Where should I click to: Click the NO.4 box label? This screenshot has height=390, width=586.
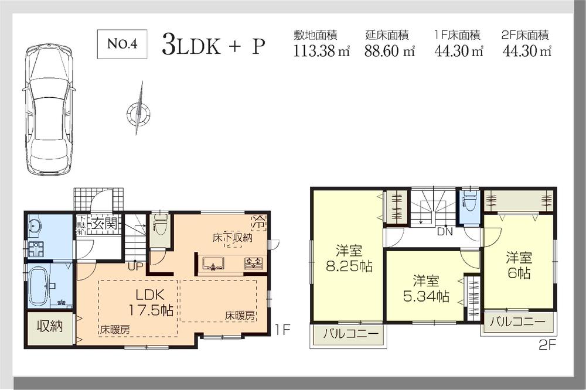(122, 46)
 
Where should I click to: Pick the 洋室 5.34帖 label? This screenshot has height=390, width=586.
(426, 289)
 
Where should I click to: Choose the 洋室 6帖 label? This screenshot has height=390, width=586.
(519, 265)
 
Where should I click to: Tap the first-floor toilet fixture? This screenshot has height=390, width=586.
(160, 223)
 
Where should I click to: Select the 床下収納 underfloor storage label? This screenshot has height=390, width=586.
(232, 238)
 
